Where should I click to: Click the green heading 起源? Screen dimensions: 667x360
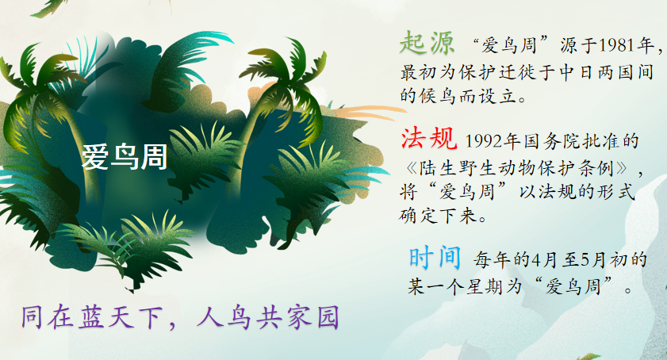click(427, 43)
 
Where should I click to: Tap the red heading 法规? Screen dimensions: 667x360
click(429, 138)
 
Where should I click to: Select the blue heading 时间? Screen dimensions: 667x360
click(435, 258)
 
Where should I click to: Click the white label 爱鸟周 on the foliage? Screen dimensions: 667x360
click(125, 156)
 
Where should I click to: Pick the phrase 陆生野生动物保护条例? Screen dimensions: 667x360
click(517, 169)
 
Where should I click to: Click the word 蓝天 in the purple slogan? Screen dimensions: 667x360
click(107, 317)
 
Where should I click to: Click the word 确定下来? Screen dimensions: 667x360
click(438, 216)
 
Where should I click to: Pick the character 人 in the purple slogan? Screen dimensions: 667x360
click(209, 317)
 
